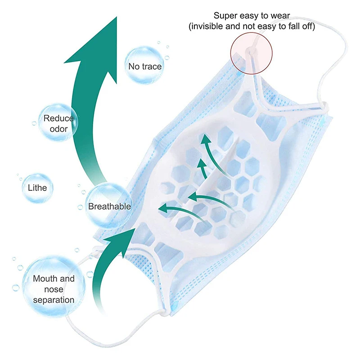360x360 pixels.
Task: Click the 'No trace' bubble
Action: coord(144,65)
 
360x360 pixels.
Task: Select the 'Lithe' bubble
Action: coord(37,187)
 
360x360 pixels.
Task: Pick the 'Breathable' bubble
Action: coord(109,206)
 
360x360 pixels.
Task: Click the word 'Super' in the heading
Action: coord(225,16)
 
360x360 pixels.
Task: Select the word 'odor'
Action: coord(58,129)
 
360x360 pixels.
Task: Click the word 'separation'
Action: coord(54,299)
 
